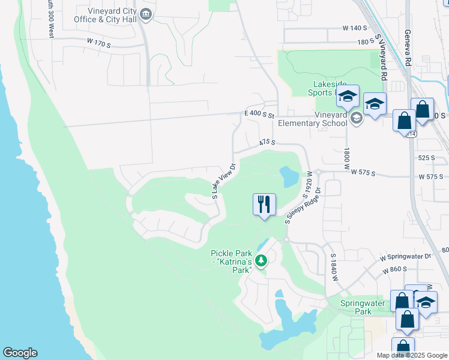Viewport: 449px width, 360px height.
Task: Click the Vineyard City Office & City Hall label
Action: click(101, 15)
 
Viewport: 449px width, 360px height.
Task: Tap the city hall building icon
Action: click(146, 13)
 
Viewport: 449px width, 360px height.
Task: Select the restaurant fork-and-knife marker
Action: click(264, 205)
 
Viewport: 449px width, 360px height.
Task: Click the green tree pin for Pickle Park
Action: click(261, 260)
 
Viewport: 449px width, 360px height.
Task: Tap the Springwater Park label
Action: click(363, 307)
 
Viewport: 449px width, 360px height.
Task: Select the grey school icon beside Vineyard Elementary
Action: click(357, 118)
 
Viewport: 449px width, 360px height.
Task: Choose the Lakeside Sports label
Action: click(322, 88)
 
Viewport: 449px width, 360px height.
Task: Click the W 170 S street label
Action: click(100, 43)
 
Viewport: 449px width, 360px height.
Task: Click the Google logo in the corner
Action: click(20, 353)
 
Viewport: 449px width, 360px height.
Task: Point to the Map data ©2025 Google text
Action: click(411, 355)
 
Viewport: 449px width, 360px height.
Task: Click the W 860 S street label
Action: click(396, 271)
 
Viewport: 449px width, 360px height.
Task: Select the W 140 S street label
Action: click(354, 28)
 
